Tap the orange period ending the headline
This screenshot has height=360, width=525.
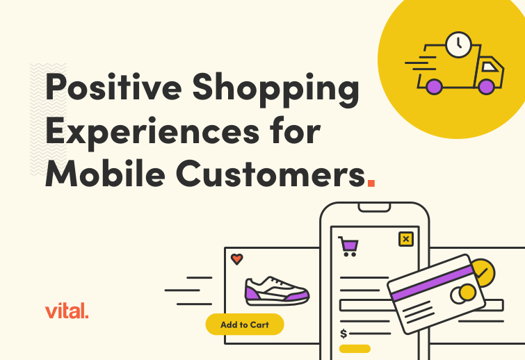371,183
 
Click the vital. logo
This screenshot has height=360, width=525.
66,311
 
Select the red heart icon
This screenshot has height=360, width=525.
236,259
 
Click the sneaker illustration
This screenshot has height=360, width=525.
276,291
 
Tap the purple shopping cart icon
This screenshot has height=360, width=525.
348,245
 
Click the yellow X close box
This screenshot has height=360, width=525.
405,239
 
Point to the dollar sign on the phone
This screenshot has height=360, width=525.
344,334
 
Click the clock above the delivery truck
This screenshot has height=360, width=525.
458,44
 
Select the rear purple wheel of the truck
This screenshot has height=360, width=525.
434,86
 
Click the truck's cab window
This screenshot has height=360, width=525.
491,68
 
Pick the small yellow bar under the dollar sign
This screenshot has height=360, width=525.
355,348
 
